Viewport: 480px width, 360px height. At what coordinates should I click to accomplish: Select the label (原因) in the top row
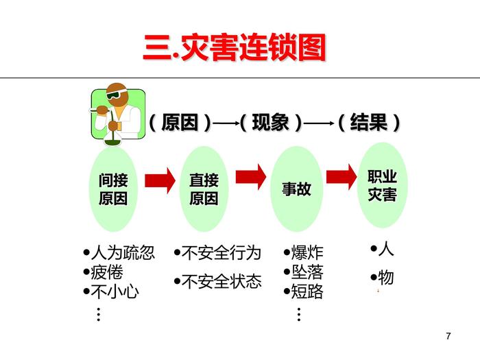click(180, 123)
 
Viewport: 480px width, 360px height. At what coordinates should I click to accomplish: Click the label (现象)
click(271, 123)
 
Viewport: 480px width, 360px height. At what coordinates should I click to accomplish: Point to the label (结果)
click(369, 123)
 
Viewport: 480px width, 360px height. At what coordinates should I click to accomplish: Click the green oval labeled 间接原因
click(113, 189)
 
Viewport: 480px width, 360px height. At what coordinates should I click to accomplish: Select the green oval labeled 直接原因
click(204, 189)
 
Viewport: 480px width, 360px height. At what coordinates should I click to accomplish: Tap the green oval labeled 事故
click(296, 189)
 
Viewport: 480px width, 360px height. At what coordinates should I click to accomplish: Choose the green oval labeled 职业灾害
click(383, 185)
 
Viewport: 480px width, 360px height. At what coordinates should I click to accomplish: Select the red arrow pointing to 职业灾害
click(341, 176)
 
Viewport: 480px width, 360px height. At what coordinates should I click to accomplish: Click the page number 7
click(448, 335)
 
